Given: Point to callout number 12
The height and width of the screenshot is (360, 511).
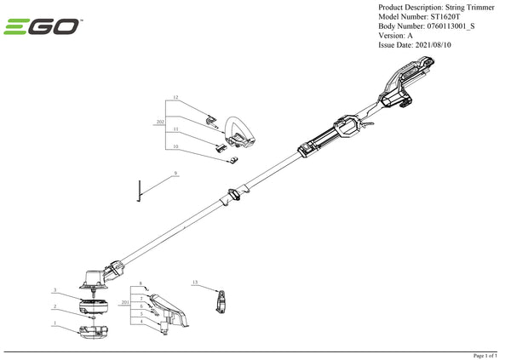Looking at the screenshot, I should (175, 98).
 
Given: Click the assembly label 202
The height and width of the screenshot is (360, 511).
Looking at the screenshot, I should (160, 123).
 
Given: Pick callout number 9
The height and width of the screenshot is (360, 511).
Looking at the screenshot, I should (175, 173).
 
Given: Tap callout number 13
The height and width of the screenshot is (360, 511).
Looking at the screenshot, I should (195, 282).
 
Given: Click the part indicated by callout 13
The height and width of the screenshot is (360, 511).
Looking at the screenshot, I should (222, 300).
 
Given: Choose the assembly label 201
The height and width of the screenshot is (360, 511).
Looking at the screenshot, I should (125, 302).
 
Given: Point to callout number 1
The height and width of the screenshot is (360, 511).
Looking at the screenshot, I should (55, 323).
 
